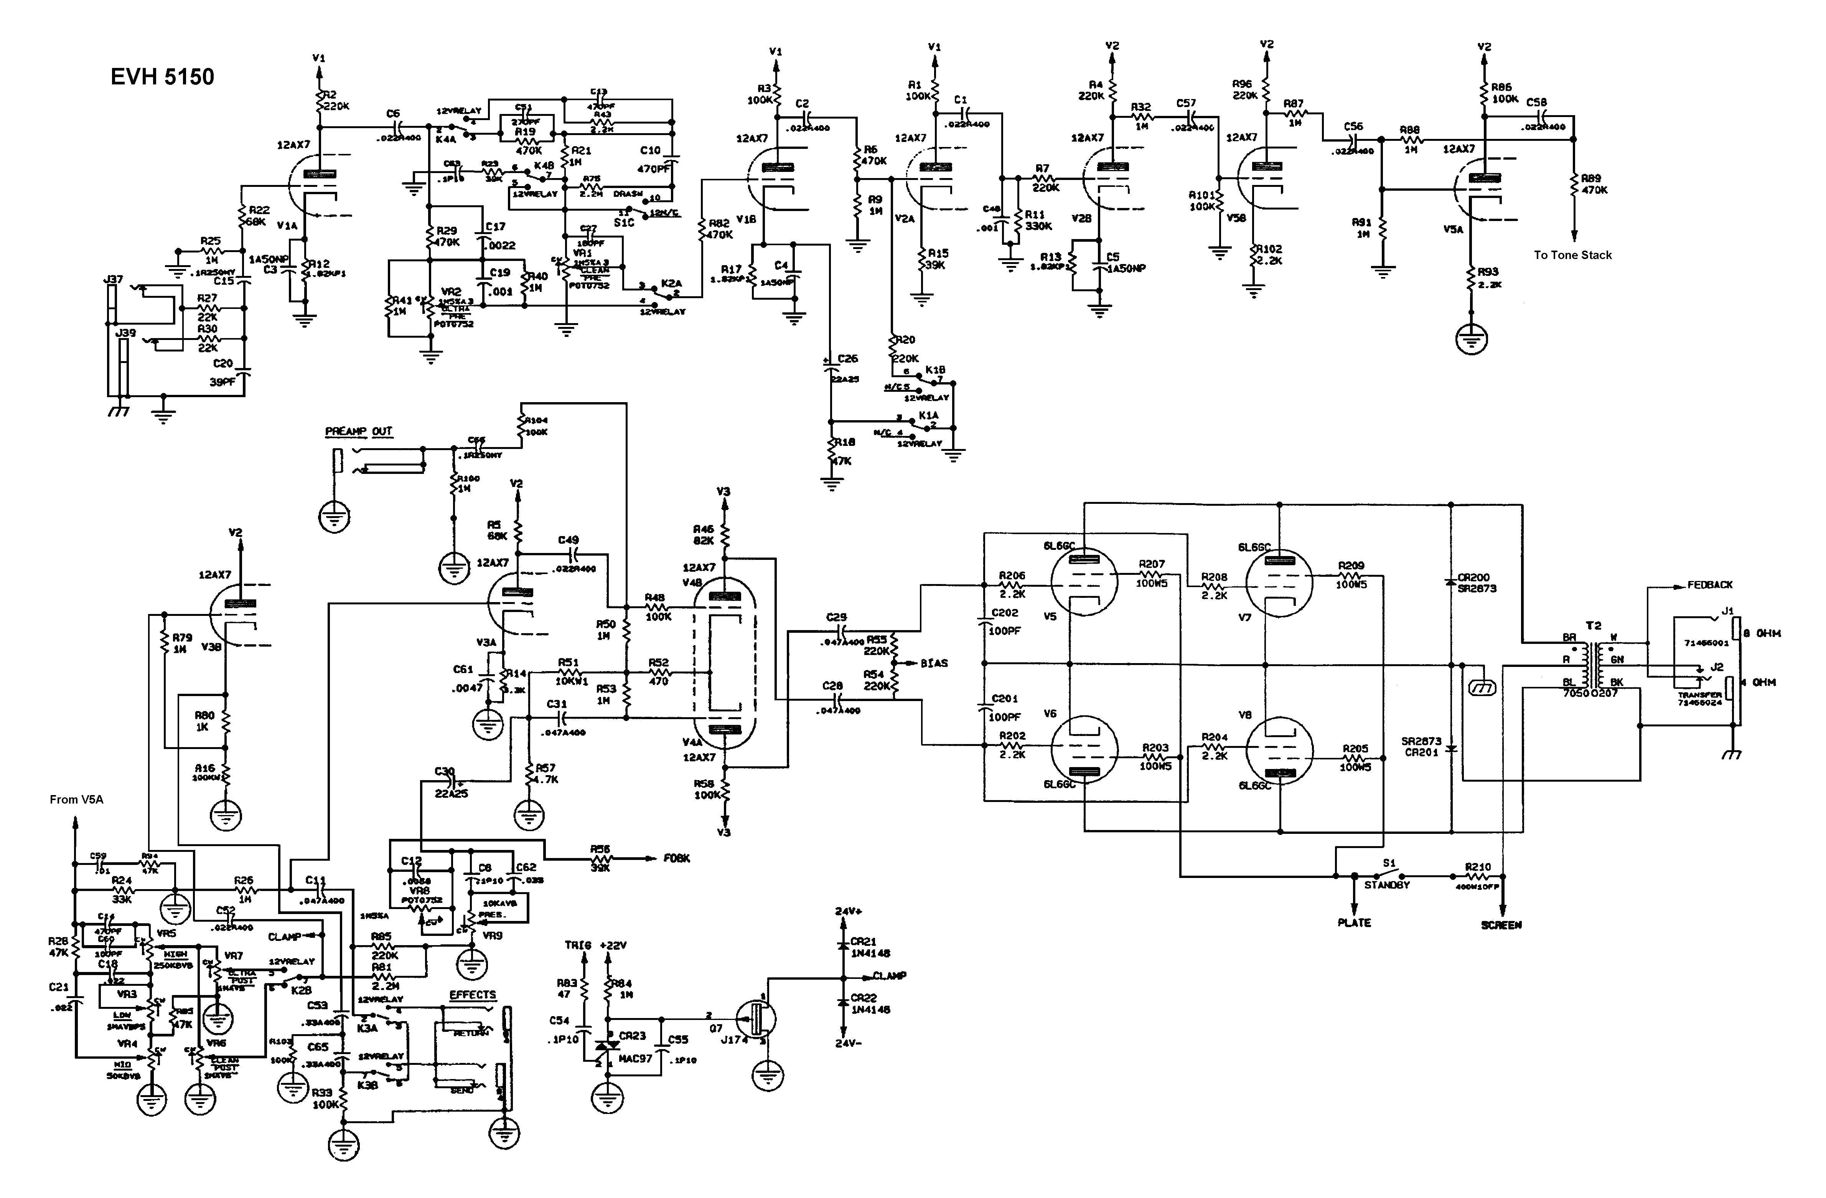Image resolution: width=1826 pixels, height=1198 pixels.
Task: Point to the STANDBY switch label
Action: (x=1386, y=885)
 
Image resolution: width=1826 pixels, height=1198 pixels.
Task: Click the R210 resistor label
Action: (x=1478, y=867)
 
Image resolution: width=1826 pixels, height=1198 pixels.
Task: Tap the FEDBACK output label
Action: (x=1709, y=585)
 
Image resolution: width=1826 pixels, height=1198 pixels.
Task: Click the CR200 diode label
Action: (x=1473, y=577)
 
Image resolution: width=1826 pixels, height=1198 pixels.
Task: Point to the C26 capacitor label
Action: (x=848, y=358)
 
